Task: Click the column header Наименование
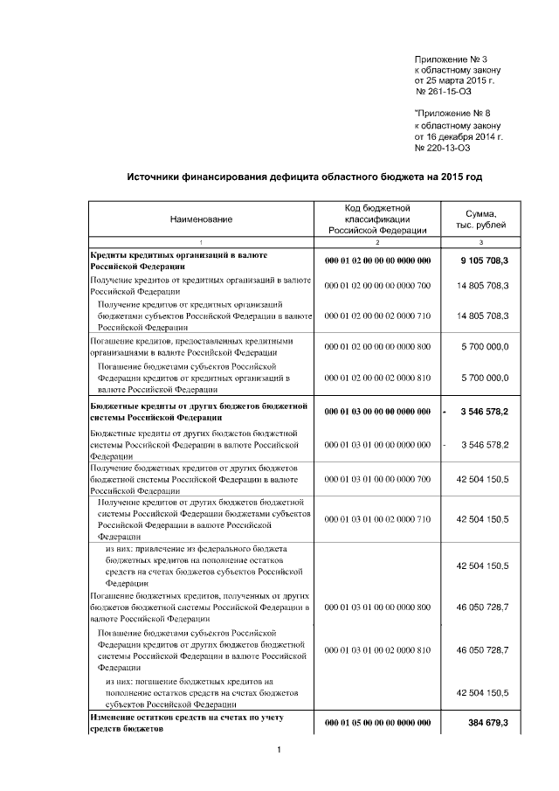tap(202, 219)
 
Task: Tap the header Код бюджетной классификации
tap(377, 219)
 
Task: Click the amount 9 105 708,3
tap(484, 260)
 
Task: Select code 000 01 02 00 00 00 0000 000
tap(377, 260)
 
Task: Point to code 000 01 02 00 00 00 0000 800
tap(377, 347)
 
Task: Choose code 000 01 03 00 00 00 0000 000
tap(377, 411)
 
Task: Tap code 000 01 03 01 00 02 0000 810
tap(377, 650)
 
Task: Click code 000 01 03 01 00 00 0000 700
tap(377, 480)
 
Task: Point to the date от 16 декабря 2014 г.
tap(459, 136)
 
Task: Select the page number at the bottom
tap(278, 750)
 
